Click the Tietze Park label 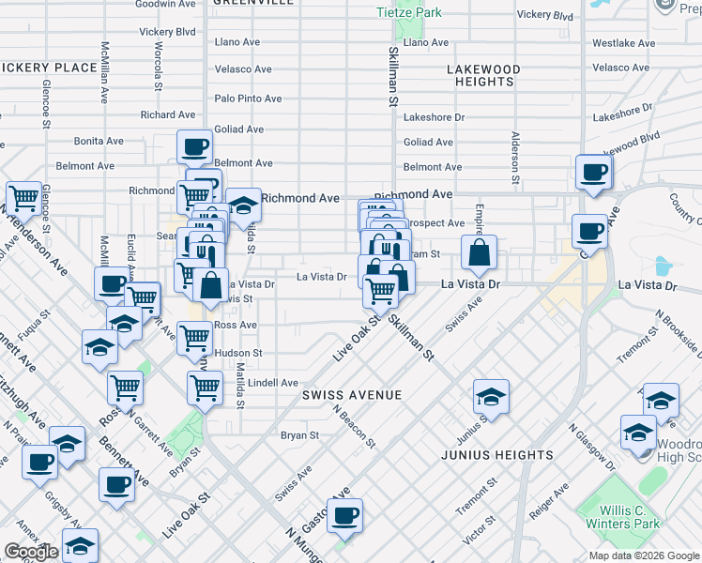(408, 12)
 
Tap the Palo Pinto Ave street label (248, 99)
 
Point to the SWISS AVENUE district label (352, 395)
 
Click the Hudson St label (238, 353)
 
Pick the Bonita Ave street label (99, 141)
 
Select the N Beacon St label (355, 424)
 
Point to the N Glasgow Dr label (590, 446)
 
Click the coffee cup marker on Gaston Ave (345, 515)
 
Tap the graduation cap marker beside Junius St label (491, 396)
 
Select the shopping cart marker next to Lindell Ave (205, 386)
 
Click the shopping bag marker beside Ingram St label (479, 251)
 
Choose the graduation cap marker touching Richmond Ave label (243, 206)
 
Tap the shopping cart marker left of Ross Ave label (194, 337)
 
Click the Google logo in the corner (31, 552)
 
